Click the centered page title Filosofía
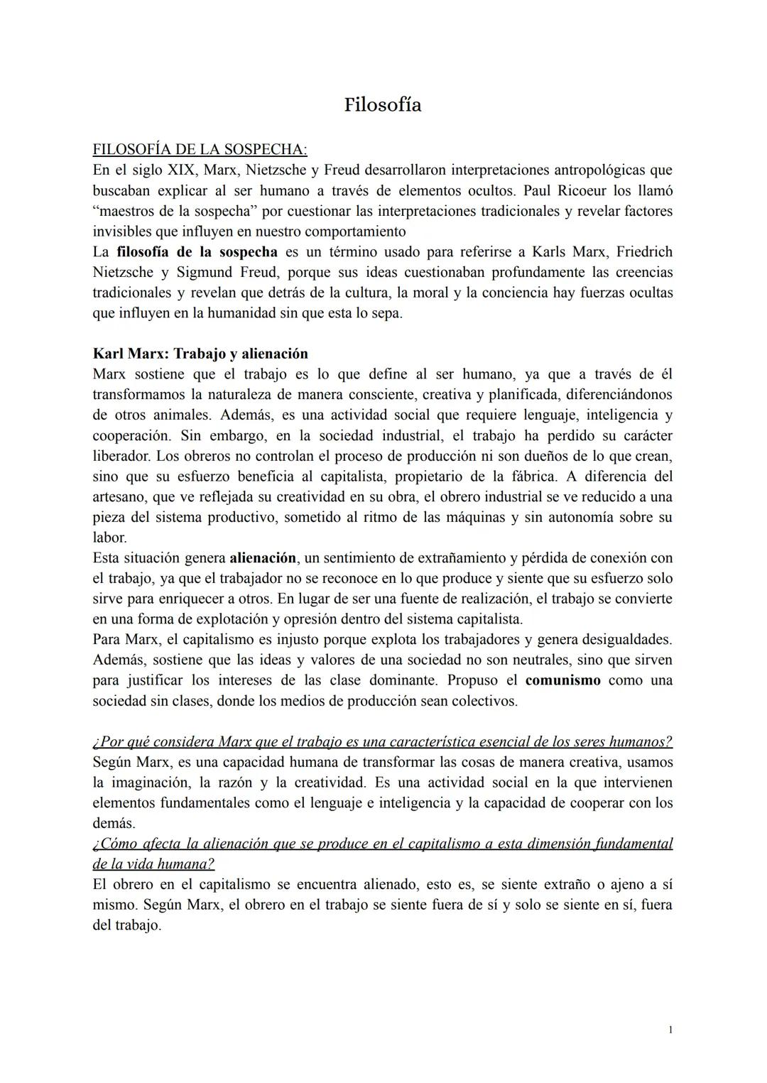382,105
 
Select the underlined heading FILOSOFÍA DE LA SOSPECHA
200,150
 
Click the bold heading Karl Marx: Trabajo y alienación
200,354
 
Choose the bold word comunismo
563,680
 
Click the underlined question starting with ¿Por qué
382,742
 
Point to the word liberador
121,456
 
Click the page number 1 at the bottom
670,1030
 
